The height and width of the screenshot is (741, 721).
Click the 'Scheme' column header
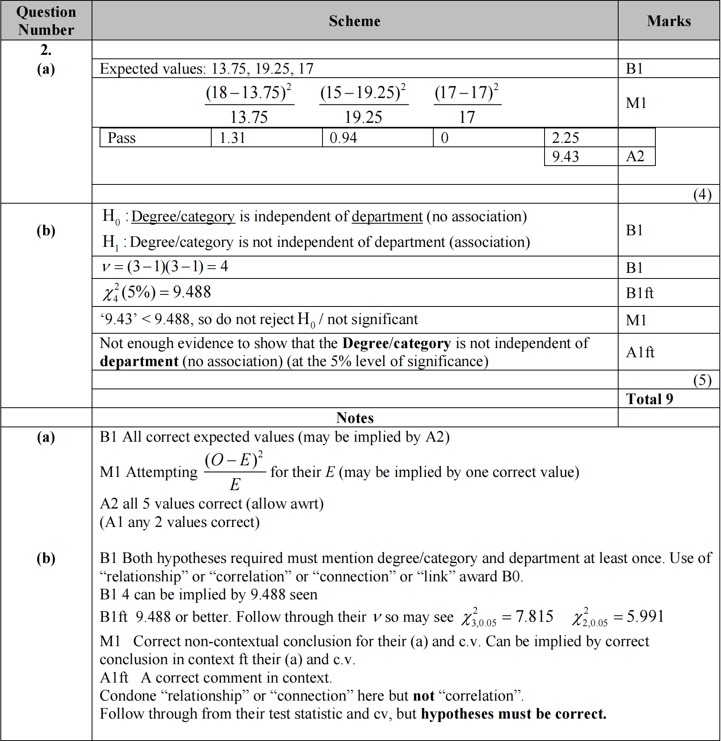tap(354, 21)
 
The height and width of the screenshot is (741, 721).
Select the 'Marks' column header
tap(669, 21)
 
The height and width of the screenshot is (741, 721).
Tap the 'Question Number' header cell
tap(46, 21)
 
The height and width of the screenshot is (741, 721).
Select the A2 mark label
tap(635, 156)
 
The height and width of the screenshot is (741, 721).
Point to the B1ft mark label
tap(639, 293)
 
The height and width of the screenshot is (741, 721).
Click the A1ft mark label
tap(640, 352)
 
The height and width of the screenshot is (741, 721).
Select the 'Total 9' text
tap(649, 399)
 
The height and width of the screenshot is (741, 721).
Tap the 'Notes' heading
tap(355, 418)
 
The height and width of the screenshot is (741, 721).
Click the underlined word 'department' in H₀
tap(387, 216)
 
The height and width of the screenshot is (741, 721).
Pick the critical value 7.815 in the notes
tap(534, 617)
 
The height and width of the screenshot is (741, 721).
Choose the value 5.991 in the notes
tap(645, 617)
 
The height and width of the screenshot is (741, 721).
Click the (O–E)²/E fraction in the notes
tap(234, 472)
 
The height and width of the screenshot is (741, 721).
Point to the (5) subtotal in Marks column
tap(702, 380)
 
